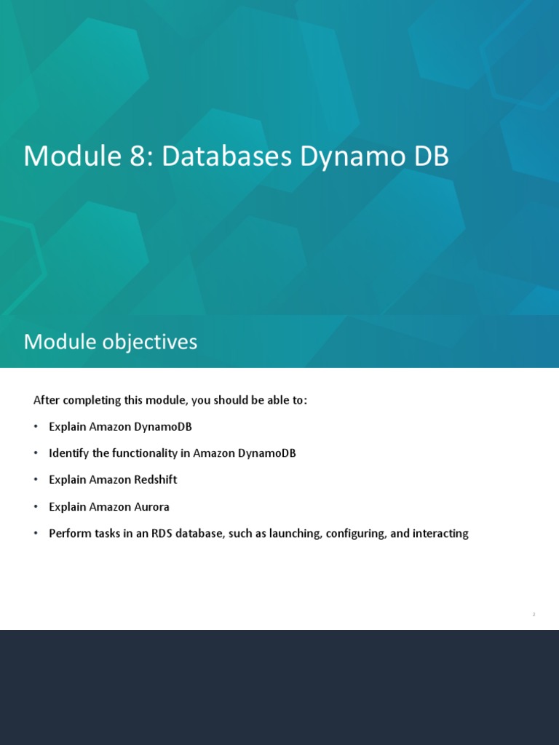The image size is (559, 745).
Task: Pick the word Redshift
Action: (x=154, y=480)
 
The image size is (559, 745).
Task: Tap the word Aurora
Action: (x=151, y=506)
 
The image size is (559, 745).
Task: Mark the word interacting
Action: (x=440, y=533)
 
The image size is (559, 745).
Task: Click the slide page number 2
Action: (x=534, y=615)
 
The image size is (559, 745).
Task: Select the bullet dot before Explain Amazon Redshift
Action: (x=35, y=480)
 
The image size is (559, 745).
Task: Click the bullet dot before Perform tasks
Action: (x=35, y=533)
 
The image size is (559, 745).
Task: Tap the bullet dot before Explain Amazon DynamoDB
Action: (x=35, y=427)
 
